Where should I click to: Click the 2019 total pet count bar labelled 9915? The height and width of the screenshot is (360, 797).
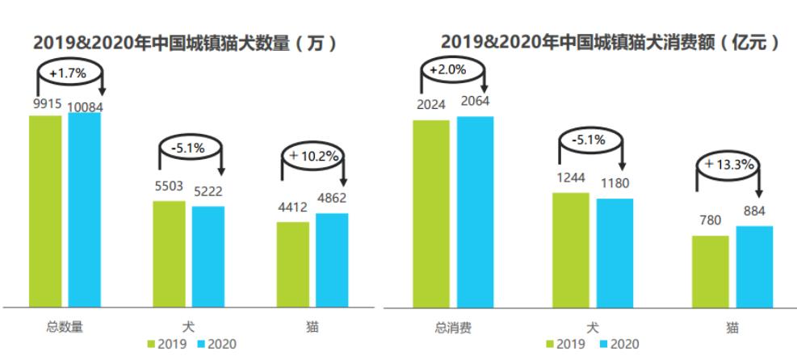45,210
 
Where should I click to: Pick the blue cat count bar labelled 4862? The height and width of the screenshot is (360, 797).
332,259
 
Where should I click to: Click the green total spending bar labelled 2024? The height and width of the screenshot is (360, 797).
430,213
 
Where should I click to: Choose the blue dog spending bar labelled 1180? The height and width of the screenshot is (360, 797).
615,252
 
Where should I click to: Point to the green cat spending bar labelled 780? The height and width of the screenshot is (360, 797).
711,271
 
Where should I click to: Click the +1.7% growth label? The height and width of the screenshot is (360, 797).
67,73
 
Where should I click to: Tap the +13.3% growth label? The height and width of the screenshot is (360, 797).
728,165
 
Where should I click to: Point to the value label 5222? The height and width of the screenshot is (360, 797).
208,191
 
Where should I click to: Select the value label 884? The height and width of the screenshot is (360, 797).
755,211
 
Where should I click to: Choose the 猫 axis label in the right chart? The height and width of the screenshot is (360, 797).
732,328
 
